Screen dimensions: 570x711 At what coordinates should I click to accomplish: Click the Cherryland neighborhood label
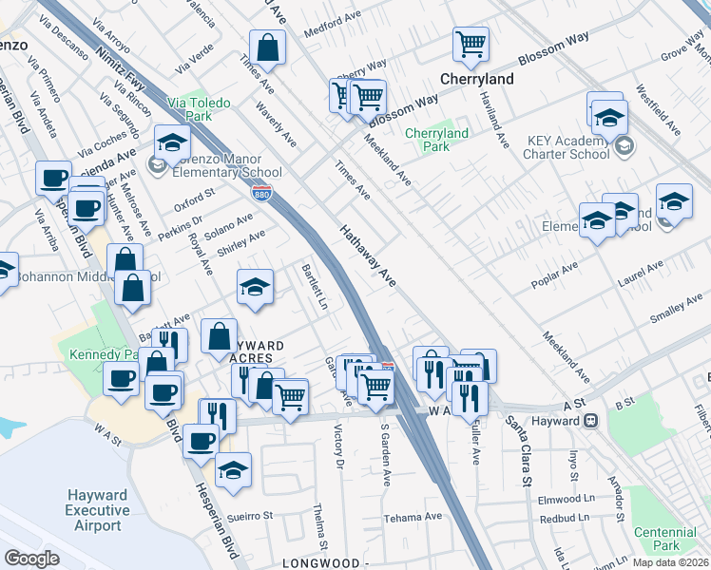476,79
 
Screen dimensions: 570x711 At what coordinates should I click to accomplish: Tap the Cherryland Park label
435,141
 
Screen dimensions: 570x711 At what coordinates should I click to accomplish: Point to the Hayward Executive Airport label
97,510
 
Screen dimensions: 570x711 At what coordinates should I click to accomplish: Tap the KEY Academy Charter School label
567,146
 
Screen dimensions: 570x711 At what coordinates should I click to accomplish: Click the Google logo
31,558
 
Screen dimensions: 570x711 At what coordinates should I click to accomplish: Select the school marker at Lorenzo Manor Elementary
172,143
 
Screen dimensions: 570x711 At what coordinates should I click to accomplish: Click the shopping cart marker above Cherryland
470,43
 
